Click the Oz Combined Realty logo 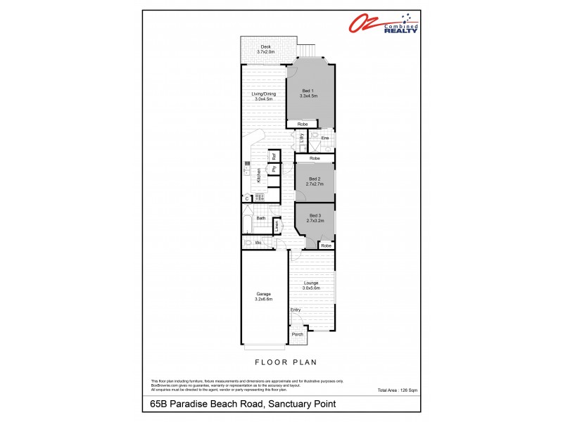pos(384,24)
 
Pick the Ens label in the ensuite pos(324,138)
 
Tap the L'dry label pos(301,139)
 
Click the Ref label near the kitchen pos(274,156)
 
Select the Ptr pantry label pos(274,169)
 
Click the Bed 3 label pos(314,216)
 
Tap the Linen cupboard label pos(277,224)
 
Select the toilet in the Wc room pos(247,243)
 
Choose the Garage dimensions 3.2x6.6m pos(263,299)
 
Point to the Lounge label pos(311,283)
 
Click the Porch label pos(298,334)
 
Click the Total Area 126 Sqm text pos(397,390)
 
